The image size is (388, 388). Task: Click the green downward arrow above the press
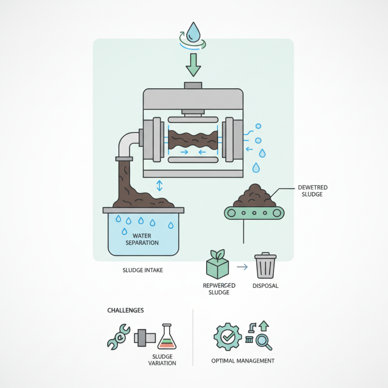(x=194, y=65)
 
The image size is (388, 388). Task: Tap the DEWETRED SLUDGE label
(x=308, y=191)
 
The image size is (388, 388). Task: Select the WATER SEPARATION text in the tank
(x=142, y=239)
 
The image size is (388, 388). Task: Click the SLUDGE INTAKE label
(x=142, y=270)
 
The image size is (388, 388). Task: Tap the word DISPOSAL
(x=265, y=286)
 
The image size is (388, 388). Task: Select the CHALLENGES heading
(x=125, y=310)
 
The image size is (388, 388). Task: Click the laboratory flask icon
(x=167, y=337)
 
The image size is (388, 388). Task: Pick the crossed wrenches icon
(x=118, y=336)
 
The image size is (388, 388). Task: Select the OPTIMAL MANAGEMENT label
(x=243, y=361)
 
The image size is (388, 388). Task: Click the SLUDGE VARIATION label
(x=161, y=359)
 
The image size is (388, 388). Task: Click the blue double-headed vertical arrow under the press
(x=160, y=186)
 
